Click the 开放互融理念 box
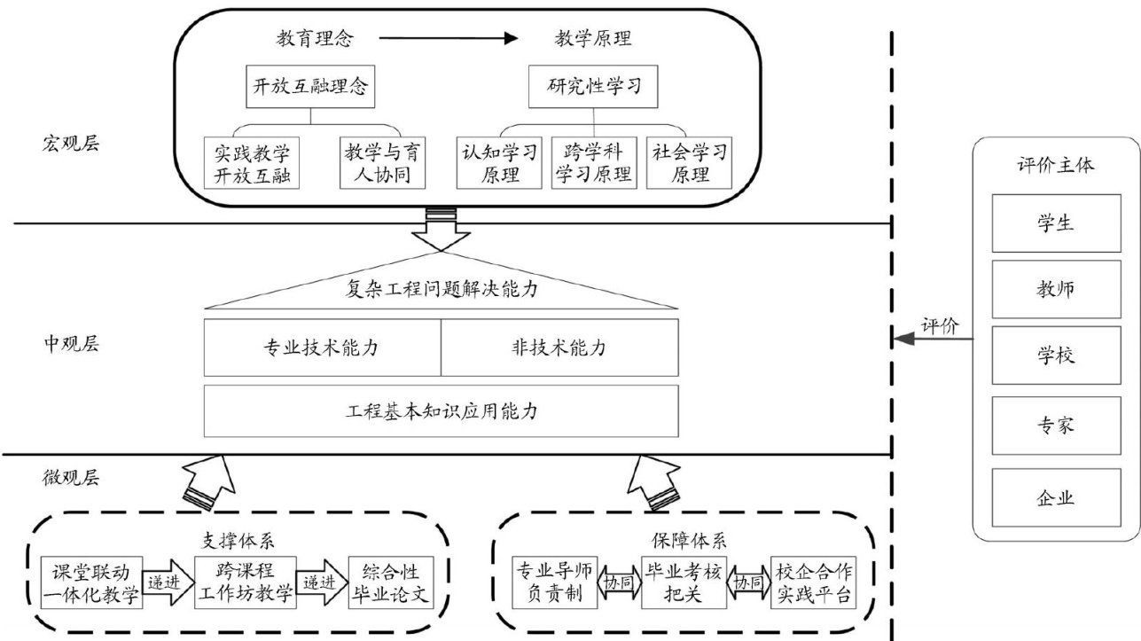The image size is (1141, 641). (x=306, y=88)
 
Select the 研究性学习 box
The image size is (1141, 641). (x=593, y=88)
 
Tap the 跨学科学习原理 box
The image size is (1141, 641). (x=593, y=162)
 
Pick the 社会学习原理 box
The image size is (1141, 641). (x=690, y=162)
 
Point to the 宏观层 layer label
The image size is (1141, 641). (x=70, y=144)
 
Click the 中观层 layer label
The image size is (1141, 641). (x=70, y=343)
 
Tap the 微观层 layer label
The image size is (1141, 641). (x=70, y=479)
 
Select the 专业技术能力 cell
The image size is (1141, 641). (x=322, y=348)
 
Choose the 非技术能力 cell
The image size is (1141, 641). (x=559, y=348)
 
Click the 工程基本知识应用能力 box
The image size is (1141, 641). (x=442, y=411)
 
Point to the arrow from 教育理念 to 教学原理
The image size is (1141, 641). (x=448, y=38)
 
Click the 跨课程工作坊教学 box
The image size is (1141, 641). (x=243, y=582)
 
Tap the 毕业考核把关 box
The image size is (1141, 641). (x=682, y=582)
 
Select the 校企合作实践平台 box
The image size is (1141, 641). (x=813, y=582)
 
